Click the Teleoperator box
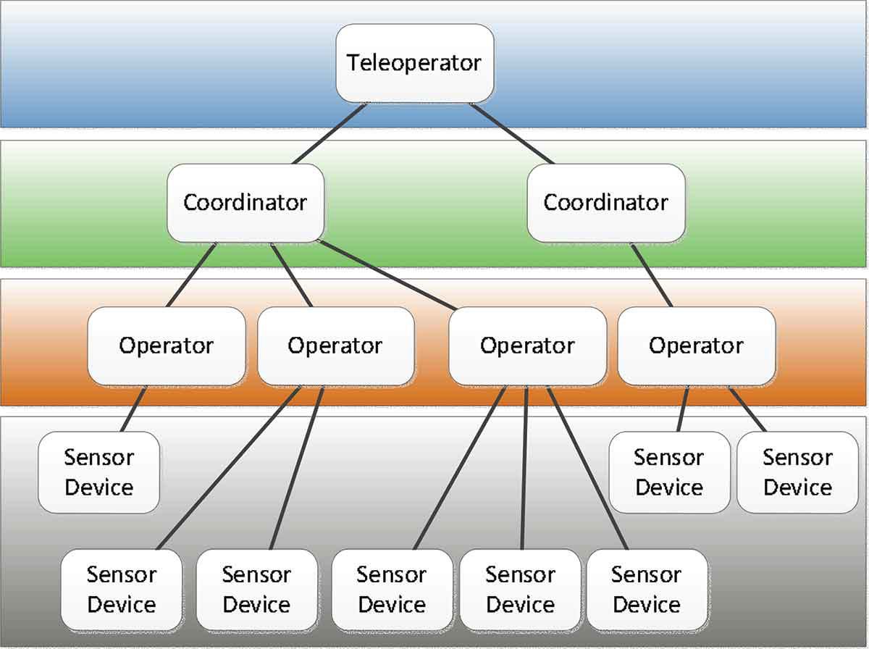[414, 63]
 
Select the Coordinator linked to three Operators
[245, 202]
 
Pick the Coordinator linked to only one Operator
[605, 202]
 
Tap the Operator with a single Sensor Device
[167, 346]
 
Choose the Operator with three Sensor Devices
[527, 346]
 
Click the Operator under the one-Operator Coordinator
[696, 346]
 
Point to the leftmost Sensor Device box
[98, 472]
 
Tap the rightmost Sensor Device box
[797, 472]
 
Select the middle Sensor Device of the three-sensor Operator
[520, 589]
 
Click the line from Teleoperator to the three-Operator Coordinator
[329, 133]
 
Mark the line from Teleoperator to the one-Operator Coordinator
[512, 133]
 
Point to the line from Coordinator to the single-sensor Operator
[191, 275]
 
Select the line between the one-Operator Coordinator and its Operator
[652, 275]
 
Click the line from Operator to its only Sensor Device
[133, 409]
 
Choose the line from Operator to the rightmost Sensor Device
[747, 409]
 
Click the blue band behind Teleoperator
[145, 65]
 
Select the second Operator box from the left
[335, 346]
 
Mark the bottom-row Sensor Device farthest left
[121, 589]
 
